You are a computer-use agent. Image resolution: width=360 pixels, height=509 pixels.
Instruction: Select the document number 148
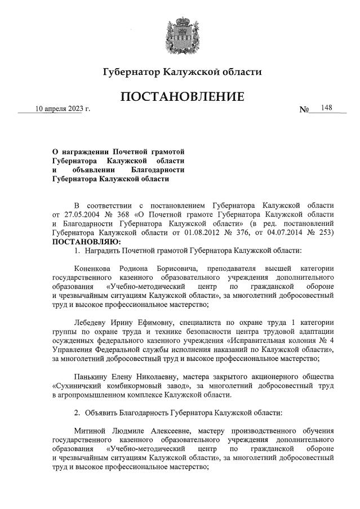[326, 108]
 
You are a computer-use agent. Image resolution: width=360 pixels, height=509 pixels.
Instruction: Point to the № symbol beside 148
[304, 109]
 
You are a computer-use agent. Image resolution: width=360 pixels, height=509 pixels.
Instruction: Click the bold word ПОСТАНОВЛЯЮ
[81, 241]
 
